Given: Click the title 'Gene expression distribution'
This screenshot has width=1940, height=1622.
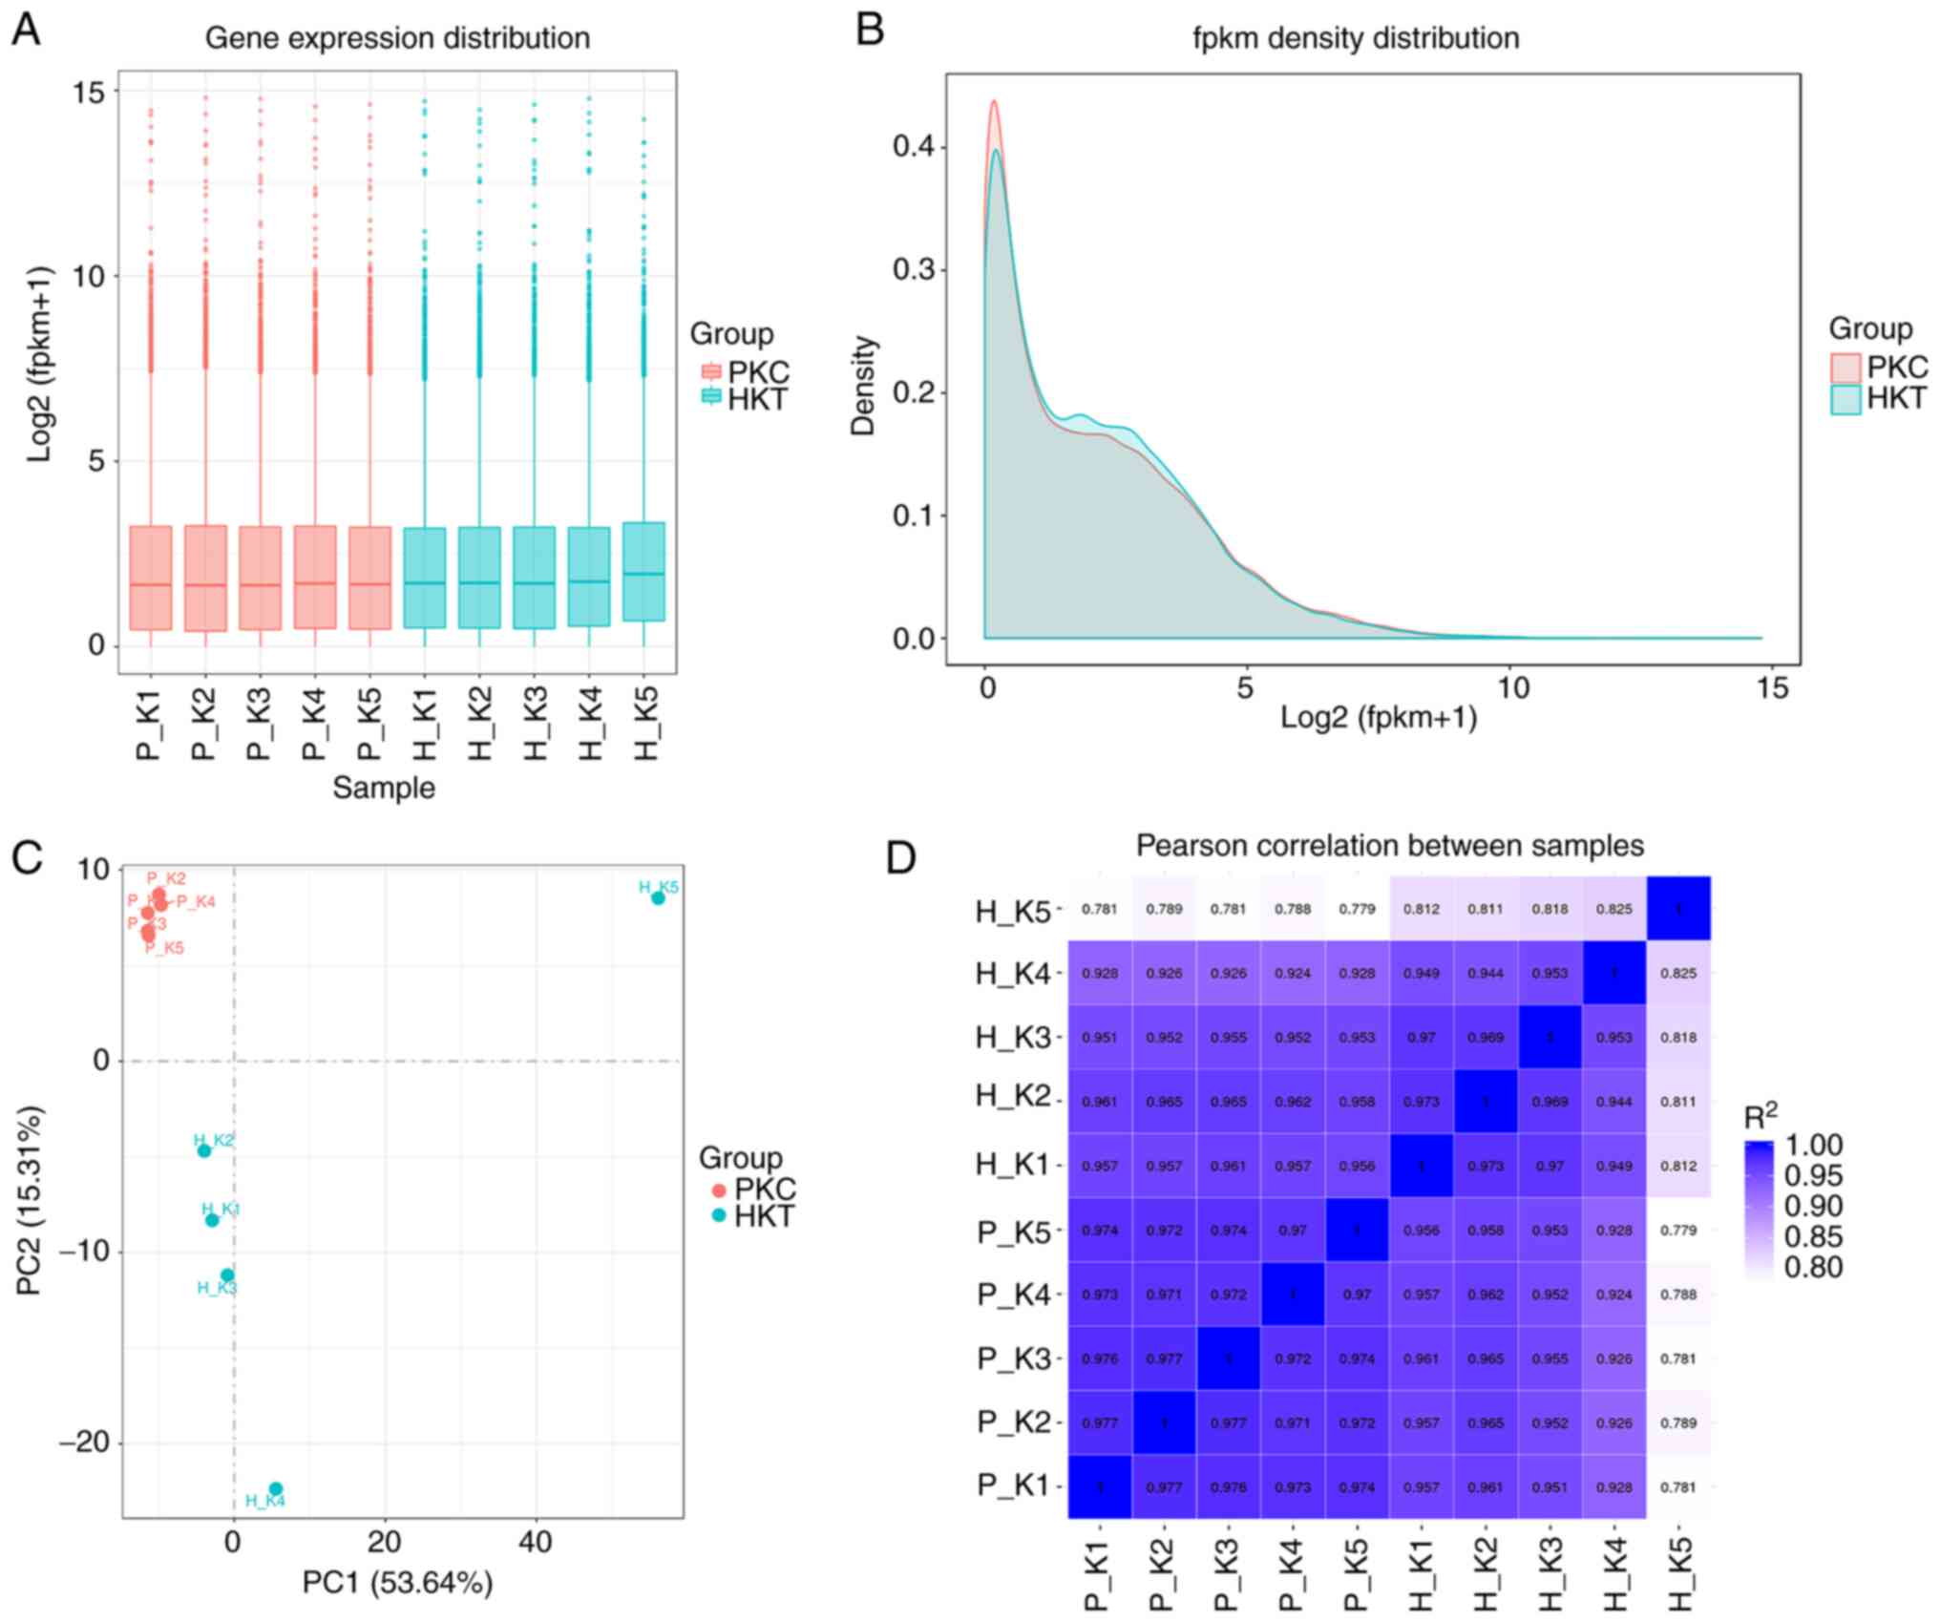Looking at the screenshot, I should click(397, 38).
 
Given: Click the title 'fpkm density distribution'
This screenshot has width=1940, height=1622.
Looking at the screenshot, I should click(1356, 38).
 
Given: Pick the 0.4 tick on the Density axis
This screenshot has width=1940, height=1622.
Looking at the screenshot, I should click(913, 147).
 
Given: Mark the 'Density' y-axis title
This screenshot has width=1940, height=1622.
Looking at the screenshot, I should click(863, 386).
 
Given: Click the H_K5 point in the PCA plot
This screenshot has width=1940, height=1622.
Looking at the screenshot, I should click(658, 898).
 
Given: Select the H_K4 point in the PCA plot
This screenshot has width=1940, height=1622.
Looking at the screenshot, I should click(275, 1488).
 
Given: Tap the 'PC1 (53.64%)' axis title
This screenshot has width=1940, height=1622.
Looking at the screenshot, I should click(397, 1582).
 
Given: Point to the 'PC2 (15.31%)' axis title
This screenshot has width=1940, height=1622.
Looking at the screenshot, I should click(30, 1201).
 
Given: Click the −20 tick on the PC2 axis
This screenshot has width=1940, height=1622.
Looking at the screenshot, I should click(84, 1443).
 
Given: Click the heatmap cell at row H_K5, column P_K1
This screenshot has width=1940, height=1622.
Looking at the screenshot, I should click(1100, 909).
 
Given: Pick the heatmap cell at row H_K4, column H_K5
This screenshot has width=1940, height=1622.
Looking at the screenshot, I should click(1678, 974).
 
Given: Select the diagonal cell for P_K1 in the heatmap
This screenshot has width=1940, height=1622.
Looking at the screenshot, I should click(1100, 1486).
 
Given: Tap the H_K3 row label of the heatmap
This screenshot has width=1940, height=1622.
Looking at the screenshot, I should click(1012, 1038).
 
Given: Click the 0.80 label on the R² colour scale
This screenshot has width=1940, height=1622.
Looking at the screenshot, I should click(1813, 1267).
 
